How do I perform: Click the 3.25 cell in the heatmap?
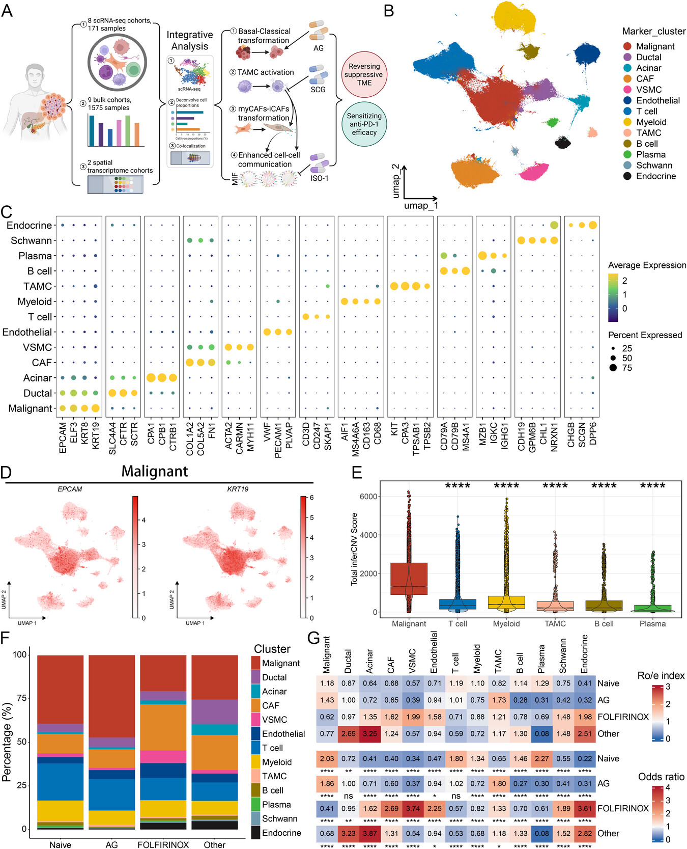pyautogui.click(x=370, y=734)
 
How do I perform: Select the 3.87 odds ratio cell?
pyautogui.click(x=370, y=833)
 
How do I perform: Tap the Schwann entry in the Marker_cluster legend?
pyautogui.click(x=654, y=166)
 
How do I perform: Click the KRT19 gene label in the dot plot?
pyautogui.click(x=96, y=435)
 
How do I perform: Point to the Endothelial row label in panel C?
pyautogui.click(x=27, y=332)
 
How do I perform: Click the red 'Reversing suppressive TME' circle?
pyautogui.click(x=364, y=74)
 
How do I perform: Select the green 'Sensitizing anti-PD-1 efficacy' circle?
pyautogui.click(x=364, y=124)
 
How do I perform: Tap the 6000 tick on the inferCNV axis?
pyautogui.click(x=368, y=497)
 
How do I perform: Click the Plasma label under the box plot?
pyautogui.click(x=652, y=623)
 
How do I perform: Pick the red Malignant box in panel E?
pyautogui.click(x=409, y=579)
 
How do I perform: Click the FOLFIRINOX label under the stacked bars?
pyautogui.click(x=163, y=844)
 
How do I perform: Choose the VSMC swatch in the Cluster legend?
pyautogui.click(x=256, y=720)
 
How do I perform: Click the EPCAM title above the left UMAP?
pyautogui.click(x=70, y=489)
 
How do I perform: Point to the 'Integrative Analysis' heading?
pyautogui.click(x=190, y=41)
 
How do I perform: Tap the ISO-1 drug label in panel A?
pyautogui.click(x=320, y=178)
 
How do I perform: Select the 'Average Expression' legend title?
pyautogui.click(x=647, y=265)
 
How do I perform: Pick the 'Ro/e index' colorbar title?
pyautogui.click(x=661, y=676)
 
